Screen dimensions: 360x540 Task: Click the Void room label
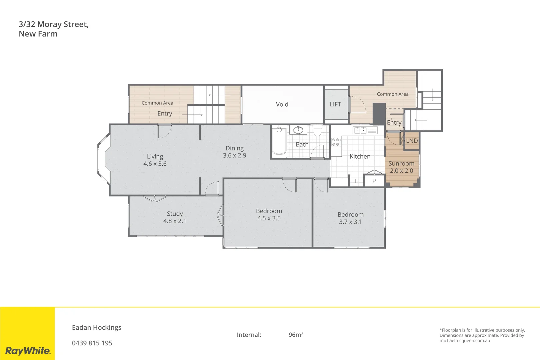coord(282,104)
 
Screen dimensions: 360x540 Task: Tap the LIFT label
coord(335,104)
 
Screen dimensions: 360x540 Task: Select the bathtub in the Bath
coord(279,143)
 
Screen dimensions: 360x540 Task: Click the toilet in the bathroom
coord(317,131)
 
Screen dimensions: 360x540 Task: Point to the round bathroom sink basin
coord(298,130)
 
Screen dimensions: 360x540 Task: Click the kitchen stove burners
coord(336,142)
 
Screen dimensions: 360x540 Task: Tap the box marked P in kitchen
coord(374,181)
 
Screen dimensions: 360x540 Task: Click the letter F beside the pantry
coord(356,181)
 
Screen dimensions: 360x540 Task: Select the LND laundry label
coord(412,141)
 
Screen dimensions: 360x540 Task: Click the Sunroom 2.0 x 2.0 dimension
coord(401,171)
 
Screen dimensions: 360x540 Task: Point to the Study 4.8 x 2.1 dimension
coord(175,221)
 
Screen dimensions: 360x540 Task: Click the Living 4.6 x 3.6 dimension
coord(155,164)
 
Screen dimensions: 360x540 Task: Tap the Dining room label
coord(235,148)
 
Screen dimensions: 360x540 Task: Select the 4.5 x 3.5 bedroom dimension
coord(269,218)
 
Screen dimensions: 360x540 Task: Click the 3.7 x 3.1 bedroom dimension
coord(350,222)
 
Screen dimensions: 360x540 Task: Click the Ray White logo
coord(28,351)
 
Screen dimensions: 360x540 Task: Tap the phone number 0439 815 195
coord(92,343)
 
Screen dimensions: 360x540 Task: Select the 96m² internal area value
coord(296,335)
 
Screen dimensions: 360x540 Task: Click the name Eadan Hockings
coord(97,327)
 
